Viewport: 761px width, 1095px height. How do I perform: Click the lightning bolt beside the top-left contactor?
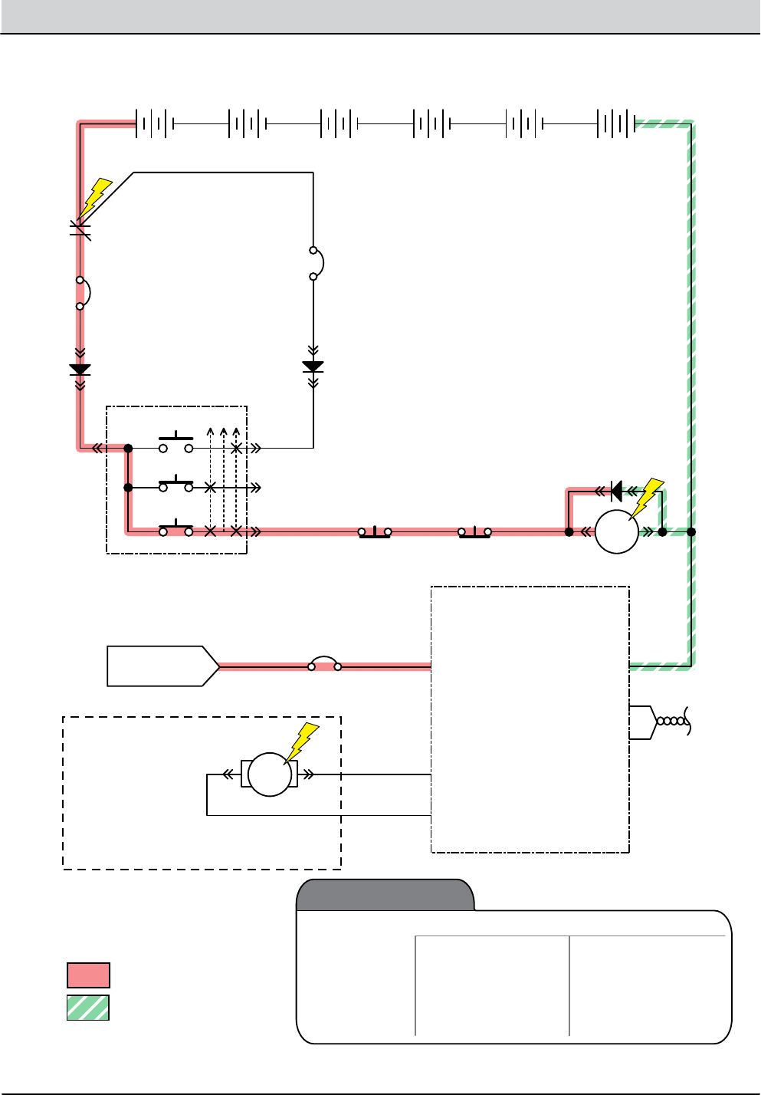[94, 198]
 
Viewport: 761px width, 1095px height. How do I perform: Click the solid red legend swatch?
[88, 975]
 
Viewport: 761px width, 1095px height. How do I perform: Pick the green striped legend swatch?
[88, 1008]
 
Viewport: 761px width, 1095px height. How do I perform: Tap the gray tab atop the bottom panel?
[385, 895]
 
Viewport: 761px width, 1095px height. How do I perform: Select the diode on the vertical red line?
[80, 370]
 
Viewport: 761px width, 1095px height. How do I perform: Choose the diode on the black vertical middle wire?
[313, 367]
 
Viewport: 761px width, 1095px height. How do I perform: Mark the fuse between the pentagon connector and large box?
[325, 664]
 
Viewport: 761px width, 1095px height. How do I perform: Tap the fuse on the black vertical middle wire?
[315, 263]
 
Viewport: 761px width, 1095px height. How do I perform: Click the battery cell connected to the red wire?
[153, 123]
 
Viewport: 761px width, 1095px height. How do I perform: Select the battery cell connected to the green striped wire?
[616, 123]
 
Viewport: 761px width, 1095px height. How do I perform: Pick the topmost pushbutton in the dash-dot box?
[175, 445]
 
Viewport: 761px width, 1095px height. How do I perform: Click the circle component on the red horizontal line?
[617, 531]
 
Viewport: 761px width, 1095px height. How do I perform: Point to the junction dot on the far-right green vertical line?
[691, 531]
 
